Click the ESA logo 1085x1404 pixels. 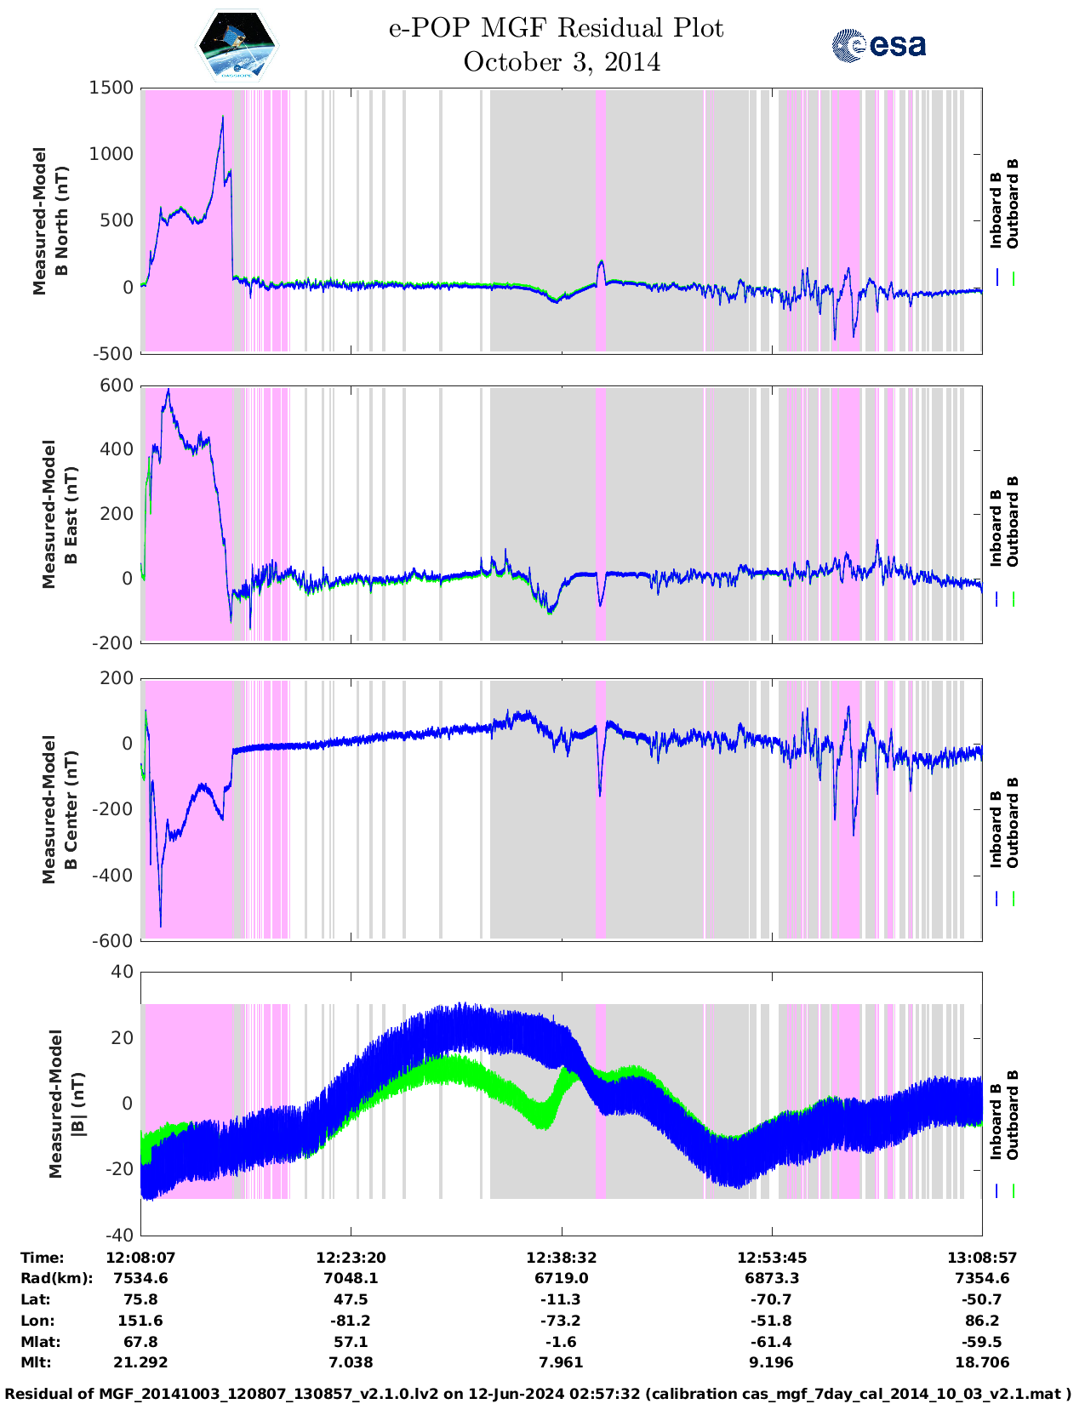click(x=878, y=45)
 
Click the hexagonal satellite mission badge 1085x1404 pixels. click(x=237, y=45)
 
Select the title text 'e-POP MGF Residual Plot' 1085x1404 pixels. click(x=556, y=29)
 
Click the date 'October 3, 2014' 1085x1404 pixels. click(x=562, y=63)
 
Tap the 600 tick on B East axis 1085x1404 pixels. click(x=117, y=385)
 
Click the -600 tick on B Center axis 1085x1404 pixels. click(x=114, y=940)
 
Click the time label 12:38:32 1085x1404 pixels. click(x=561, y=1258)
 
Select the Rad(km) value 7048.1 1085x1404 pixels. click(x=351, y=1278)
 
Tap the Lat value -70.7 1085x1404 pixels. click(x=771, y=1299)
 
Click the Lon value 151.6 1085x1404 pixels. click(x=140, y=1321)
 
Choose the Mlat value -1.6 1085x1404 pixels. click(x=561, y=1342)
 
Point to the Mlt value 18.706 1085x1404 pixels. click(x=982, y=1362)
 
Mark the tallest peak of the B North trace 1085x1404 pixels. click(x=223, y=117)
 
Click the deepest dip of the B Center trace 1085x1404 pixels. click(x=161, y=926)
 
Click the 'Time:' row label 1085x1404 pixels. click(x=43, y=1258)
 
